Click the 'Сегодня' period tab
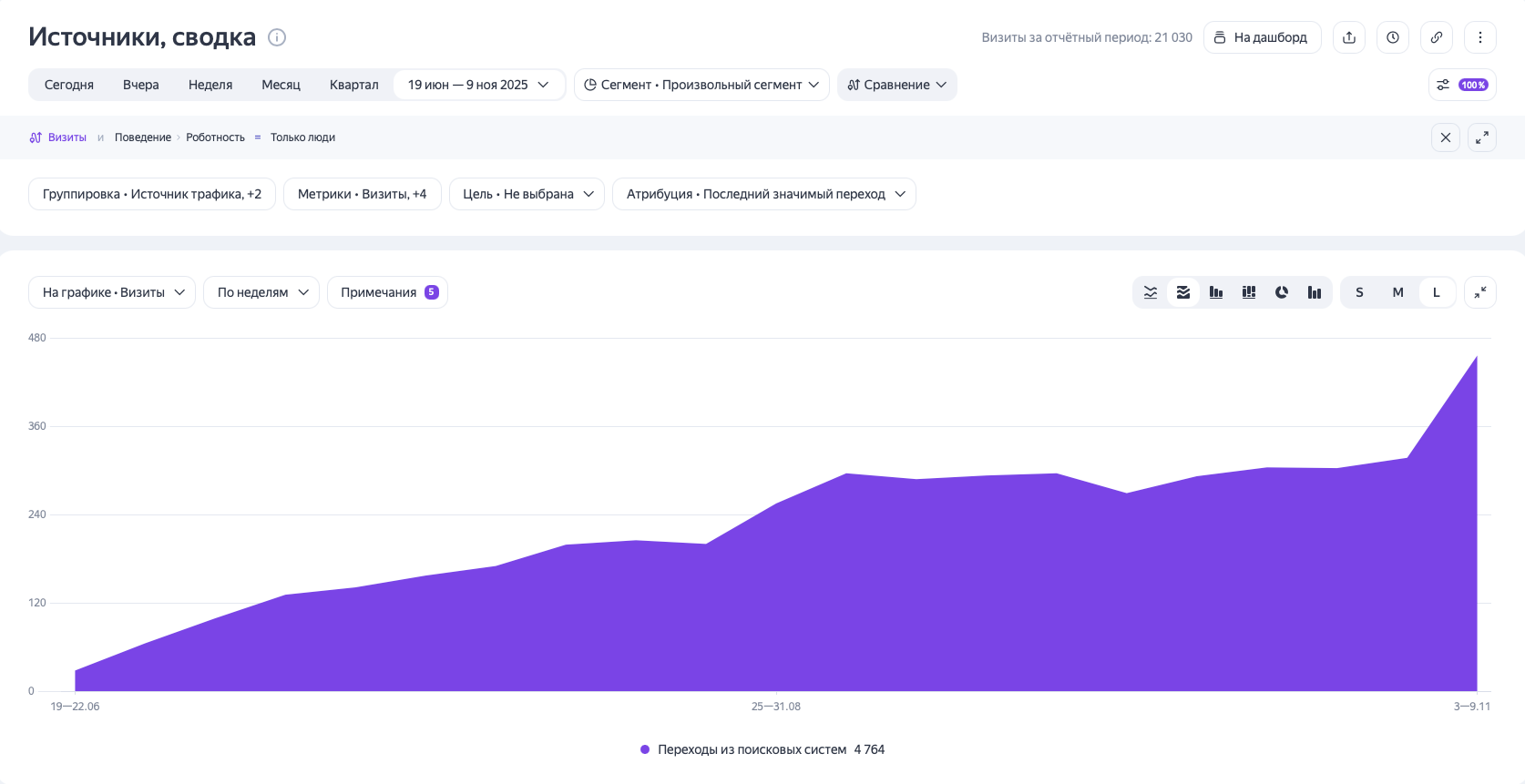tap(69, 85)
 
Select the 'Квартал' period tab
tap(353, 85)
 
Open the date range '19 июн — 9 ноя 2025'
tap(478, 85)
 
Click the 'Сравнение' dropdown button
tap(896, 85)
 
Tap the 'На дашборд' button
tap(1262, 37)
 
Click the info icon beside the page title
tap(277, 37)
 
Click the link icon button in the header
tap(1437, 37)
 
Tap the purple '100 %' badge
tap(1473, 85)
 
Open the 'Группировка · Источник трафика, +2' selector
tap(152, 194)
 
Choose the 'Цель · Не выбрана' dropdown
tap(527, 194)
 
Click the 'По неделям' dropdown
tap(261, 292)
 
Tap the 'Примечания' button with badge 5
tap(387, 292)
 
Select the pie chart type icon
tap(1282, 292)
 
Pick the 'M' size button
tap(1397, 292)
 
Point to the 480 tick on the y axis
tap(36, 338)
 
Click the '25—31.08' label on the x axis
tap(776, 707)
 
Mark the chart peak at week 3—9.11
tap(1476, 356)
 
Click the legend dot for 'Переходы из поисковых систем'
tap(645, 749)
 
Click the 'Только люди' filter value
tap(302, 137)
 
